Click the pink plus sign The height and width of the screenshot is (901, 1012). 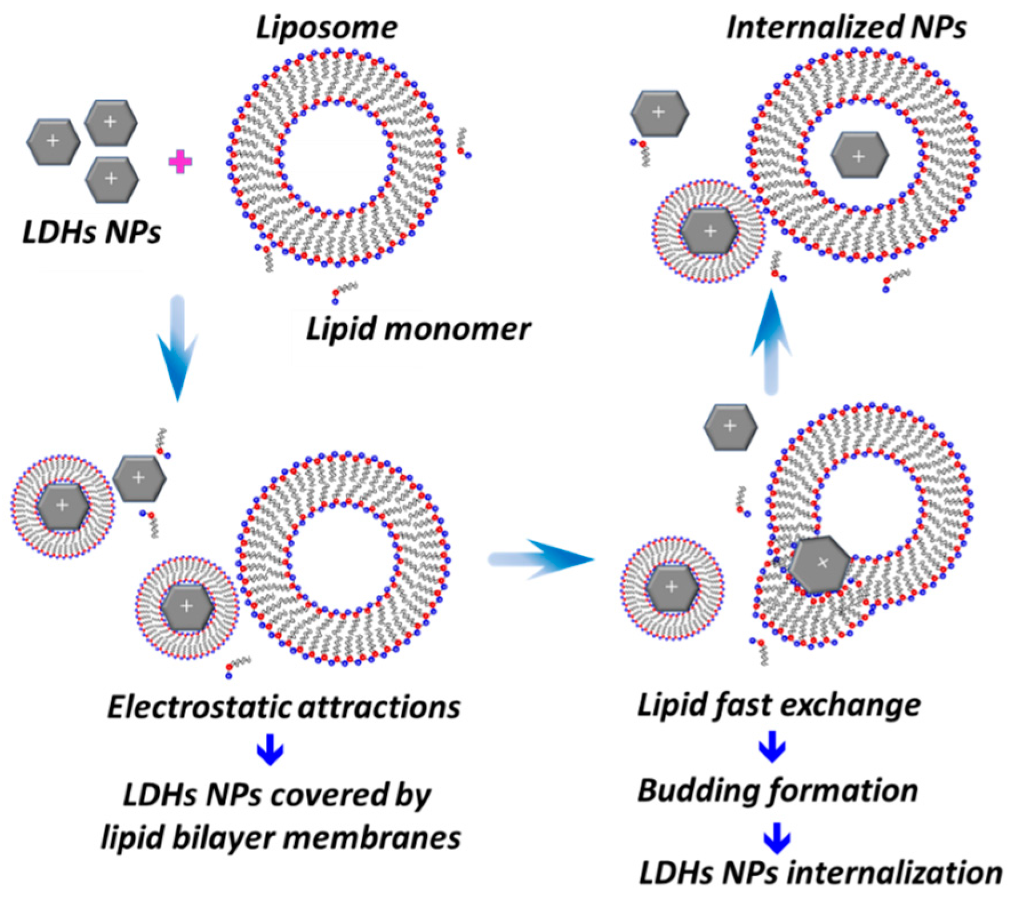pyautogui.click(x=180, y=162)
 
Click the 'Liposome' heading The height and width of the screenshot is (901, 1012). pyautogui.click(x=326, y=27)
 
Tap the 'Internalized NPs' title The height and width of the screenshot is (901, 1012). pyautogui.click(x=846, y=27)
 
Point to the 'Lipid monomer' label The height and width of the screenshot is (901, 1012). pyautogui.click(x=419, y=329)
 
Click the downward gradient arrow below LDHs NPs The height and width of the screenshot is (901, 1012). pyautogui.click(x=178, y=349)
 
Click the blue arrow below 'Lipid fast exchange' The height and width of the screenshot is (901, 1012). pyautogui.click(x=772, y=746)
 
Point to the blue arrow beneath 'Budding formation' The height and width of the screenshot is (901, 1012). pyautogui.click(x=777, y=838)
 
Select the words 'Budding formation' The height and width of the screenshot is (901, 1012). pyautogui.click(x=777, y=791)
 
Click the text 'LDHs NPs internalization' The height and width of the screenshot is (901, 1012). pyautogui.click(x=820, y=873)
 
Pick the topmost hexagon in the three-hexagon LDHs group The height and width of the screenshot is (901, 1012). pyautogui.click(x=111, y=122)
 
